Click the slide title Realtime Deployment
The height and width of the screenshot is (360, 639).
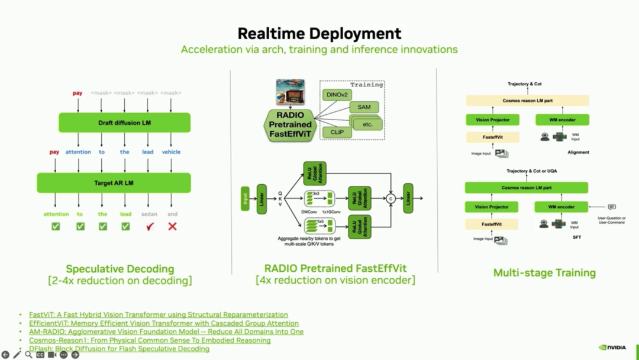pyautogui.click(x=319, y=33)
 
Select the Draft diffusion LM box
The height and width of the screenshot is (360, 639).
pyautogui.click(x=124, y=123)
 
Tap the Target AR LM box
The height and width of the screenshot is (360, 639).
pyautogui.click(x=114, y=183)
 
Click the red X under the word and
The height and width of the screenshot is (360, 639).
pyautogui.click(x=172, y=226)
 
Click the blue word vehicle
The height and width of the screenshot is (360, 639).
pyautogui.click(x=171, y=152)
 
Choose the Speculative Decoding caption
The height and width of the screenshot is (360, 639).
pyautogui.click(x=120, y=269)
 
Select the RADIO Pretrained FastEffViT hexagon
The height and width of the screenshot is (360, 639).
pyautogui.click(x=290, y=124)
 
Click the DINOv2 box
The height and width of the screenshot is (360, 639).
pyautogui.click(x=337, y=95)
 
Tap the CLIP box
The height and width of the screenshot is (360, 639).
pyautogui.click(x=337, y=133)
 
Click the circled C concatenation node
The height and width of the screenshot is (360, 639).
pyautogui.click(x=390, y=199)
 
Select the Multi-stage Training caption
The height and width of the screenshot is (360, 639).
pyautogui.click(x=544, y=273)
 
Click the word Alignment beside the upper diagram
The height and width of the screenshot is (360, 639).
pyautogui.click(x=577, y=152)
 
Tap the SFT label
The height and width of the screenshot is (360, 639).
pyautogui.click(x=577, y=237)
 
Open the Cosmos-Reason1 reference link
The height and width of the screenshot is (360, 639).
pyautogui.click(x=150, y=340)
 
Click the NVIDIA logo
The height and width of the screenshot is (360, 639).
pyautogui.click(x=612, y=348)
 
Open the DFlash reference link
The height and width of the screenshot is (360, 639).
pyautogui.click(x=119, y=349)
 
